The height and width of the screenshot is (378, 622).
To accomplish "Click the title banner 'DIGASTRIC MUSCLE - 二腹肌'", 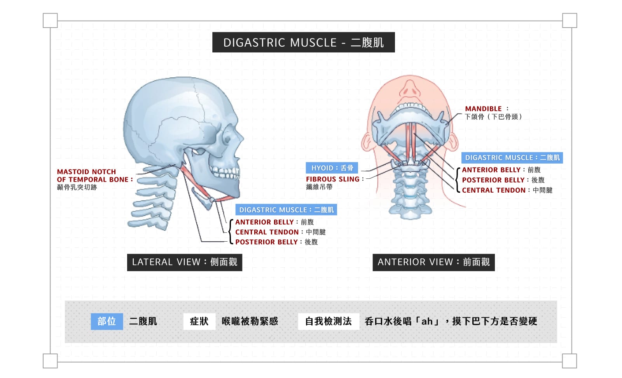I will pyautogui.click(x=303, y=42).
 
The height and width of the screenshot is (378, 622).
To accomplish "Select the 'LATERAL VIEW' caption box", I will pyautogui.click(x=184, y=262).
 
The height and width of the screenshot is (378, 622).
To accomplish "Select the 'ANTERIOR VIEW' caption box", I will pyautogui.click(x=433, y=262).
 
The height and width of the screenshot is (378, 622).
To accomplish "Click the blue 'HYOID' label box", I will pyautogui.click(x=332, y=168).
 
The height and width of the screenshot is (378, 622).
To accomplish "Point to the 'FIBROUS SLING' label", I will pyautogui.click(x=333, y=179).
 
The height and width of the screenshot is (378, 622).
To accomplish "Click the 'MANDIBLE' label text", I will pyautogui.click(x=483, y=109).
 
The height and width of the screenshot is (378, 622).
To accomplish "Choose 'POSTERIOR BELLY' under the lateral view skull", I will pyautogui.click(x=266, y=242).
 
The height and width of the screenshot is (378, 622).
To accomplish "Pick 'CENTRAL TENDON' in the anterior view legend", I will pyautogui.click(x=494, y=190).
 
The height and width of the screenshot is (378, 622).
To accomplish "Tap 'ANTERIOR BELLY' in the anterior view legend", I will pyautogui.click(x=491, y=170).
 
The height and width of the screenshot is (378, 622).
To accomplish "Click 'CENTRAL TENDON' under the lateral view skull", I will pyautogui.click(x=267, y=232).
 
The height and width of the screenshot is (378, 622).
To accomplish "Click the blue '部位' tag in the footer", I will pyautogui.click(x=107, y=321).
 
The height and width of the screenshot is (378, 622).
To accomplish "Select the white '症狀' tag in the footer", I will pyautogui.click(x=199, y=321).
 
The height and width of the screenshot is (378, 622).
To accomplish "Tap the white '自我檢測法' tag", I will pyautogui.click(x=328, y=321).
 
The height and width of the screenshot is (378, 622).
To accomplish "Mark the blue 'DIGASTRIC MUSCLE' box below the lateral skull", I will pyautogui.click(x=286, y=210).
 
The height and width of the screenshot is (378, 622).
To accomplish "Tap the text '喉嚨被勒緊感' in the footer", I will pyautogui.click(x=250, y=321).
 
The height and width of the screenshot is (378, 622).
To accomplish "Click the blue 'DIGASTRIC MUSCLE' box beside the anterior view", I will pyautogui.click(x=512, y=158).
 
